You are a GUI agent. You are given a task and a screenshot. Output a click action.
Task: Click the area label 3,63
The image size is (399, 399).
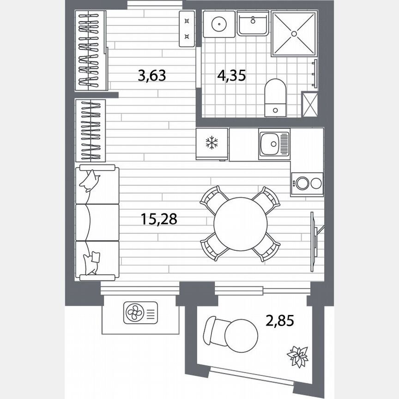click(x=151, y=75)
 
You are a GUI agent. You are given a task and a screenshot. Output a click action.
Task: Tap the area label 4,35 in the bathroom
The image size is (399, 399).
click(x=231, y=75)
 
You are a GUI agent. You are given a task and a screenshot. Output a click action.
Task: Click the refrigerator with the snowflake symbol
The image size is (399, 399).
click(x=212, y=144)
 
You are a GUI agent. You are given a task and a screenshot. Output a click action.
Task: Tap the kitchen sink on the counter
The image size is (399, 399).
click(x=274, y=144)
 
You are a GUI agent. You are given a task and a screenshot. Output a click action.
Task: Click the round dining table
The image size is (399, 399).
click(x=240, y=224)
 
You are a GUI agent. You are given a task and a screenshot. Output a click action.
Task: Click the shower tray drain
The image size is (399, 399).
click(x=294, y=34)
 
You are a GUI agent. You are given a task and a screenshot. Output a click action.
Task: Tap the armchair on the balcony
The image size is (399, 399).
click(x=214, y=331)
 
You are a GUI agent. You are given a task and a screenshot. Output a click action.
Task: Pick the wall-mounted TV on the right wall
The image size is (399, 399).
click(x=314, y=236)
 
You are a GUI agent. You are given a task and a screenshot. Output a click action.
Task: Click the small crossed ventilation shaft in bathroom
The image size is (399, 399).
click(x=309, y=103)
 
